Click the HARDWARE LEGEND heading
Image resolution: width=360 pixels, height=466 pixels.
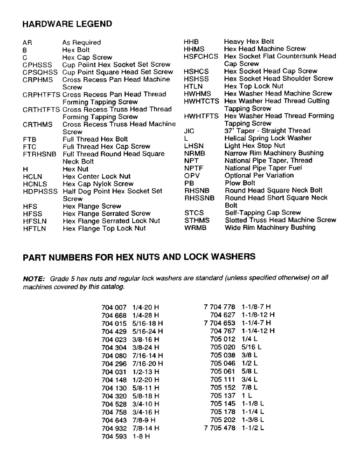point(67,24)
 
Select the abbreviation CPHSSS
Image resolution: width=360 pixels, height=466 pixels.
point(38,64)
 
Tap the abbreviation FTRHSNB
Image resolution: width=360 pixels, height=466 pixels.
point(40,154)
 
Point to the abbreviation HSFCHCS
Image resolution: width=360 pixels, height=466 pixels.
point(201,56)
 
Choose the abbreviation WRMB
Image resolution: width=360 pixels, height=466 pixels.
point(195,227)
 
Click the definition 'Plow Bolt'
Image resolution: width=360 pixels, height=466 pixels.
point(240,183)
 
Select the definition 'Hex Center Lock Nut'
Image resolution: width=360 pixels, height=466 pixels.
point(97,176)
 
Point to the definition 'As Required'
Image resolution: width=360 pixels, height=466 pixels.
point(82,42)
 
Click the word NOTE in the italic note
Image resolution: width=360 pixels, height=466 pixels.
point(33,278)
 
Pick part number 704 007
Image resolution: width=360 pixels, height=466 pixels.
point(114,308)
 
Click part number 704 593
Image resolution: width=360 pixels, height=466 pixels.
point(114,437)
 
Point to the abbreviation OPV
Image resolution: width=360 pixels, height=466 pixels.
point(193,175)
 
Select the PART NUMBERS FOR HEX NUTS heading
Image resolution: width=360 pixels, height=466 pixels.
point(139,256)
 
